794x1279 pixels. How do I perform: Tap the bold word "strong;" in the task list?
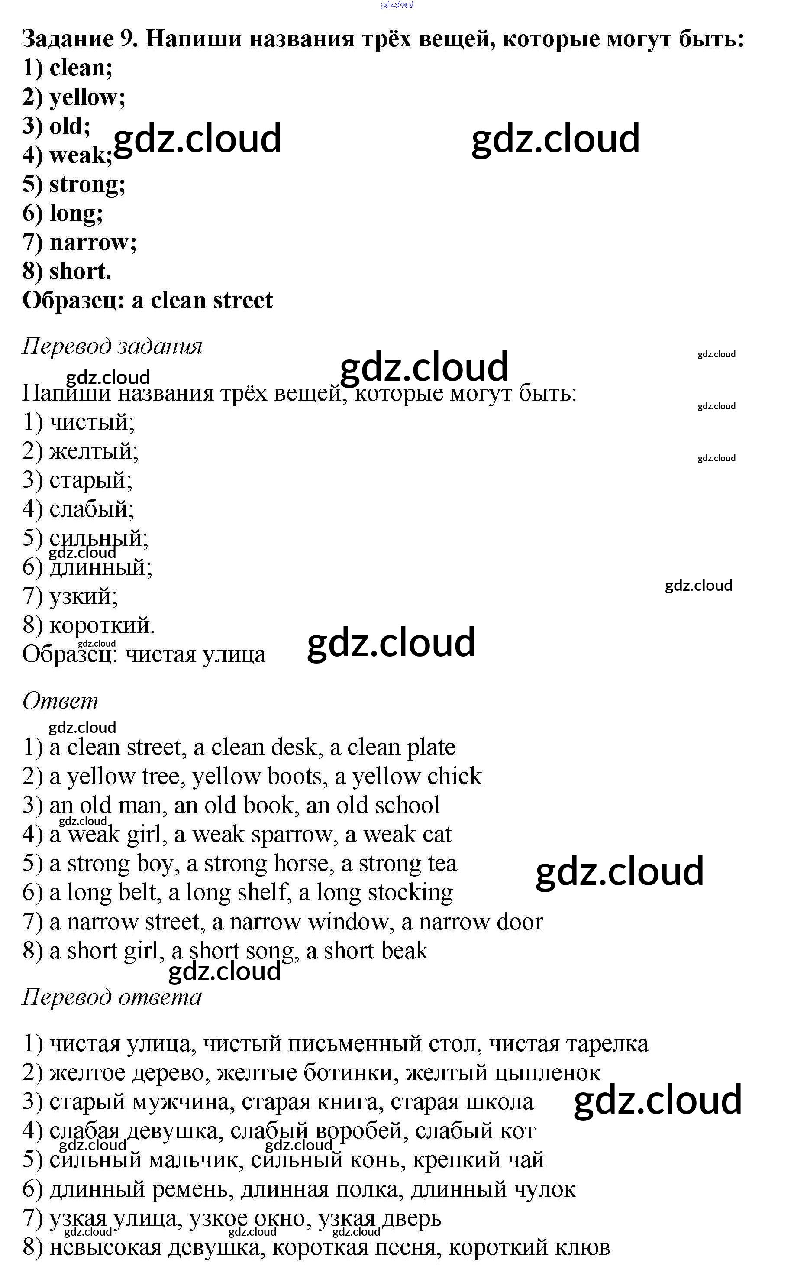click(x=87, y=185)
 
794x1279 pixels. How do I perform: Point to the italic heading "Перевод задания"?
click(x=112, y=346)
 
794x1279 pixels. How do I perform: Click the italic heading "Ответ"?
click(x=60, y=701)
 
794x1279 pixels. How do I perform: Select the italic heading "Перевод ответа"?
click(x=111, y=997)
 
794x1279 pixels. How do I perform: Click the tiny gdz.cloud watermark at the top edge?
click(x=397, y=5)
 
